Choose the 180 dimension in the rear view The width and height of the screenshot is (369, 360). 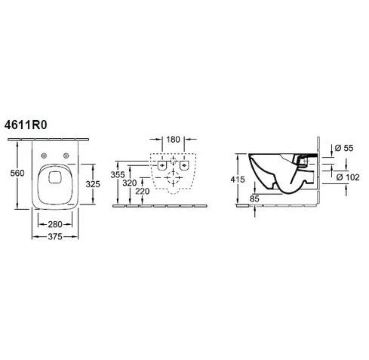(x=173, y=139)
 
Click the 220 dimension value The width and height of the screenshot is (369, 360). (x=142, y=192)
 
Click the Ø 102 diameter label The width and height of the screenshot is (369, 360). (x=346, y=177)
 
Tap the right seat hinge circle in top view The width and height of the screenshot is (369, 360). (x=69, y=155)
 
